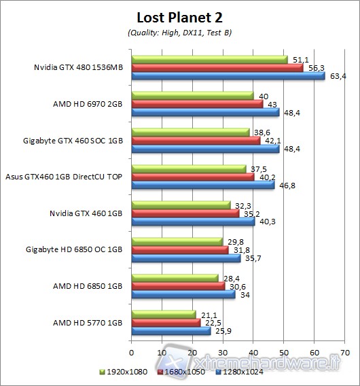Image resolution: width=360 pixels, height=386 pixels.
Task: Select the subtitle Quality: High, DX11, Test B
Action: [x=179, y=32]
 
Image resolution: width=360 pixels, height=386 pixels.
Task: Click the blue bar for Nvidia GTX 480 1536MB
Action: [x=228, y=75]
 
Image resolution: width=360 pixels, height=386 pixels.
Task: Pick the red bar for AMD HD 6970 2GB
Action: [x=197, y=104]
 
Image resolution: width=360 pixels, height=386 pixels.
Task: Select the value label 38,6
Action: [x=261, y=132]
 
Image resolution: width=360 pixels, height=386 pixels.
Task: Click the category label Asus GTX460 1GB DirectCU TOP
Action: [x=64, y=176]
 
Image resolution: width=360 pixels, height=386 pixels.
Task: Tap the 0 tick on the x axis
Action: [x=131, y=353]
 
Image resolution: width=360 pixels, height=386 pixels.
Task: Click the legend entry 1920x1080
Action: [x=127, y=372]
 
